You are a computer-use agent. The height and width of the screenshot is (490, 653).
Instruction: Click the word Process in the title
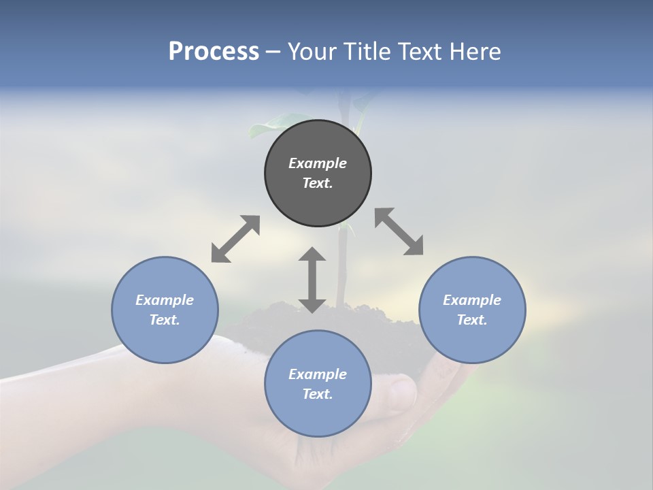pyautogui.click(x=214, y=52)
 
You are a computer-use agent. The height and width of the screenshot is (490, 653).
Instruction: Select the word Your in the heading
pyautogui.click(x=310, y=52)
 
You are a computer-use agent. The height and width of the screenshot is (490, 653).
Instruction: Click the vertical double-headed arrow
pyautogui.click(x=312, y=280)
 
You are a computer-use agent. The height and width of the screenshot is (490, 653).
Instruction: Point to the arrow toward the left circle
pyautogui.click(x=235, y=239)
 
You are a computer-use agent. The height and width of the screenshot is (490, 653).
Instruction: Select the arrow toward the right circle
pyautogui.click(x=399, y=231)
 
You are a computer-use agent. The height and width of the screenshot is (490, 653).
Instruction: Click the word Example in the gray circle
pyautogui.click(x=318, y=163)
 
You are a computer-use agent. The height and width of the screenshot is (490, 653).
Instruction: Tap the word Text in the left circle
pyautogui.click(x=165, y=320)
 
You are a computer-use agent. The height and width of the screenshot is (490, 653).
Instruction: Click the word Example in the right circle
pyautogui.click(x=472, y=300)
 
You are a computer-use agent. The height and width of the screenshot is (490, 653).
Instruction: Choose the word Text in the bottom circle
pyautogui.click(x=318, y=394)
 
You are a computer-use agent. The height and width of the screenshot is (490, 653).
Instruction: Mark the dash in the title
pyautogui.click(x=273, y=52)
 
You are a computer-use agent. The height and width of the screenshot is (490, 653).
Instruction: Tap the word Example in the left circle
pyautogui.click(x=165, y=300)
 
